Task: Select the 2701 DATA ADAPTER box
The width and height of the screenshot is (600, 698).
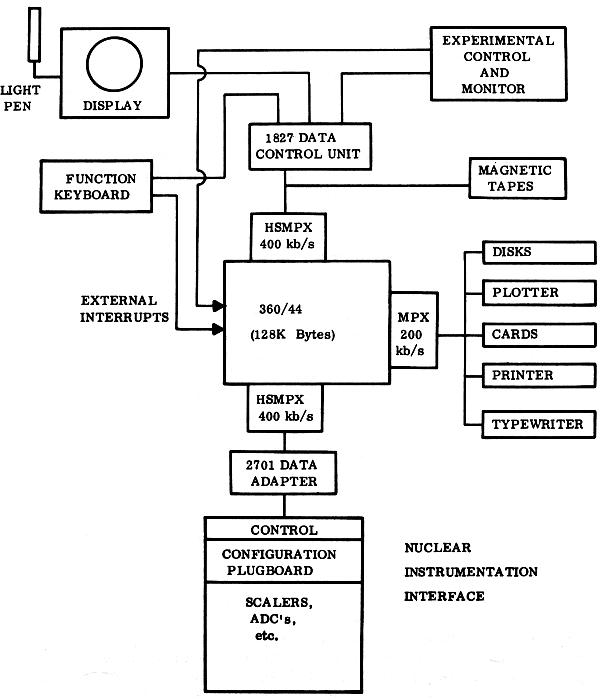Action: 274,472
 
